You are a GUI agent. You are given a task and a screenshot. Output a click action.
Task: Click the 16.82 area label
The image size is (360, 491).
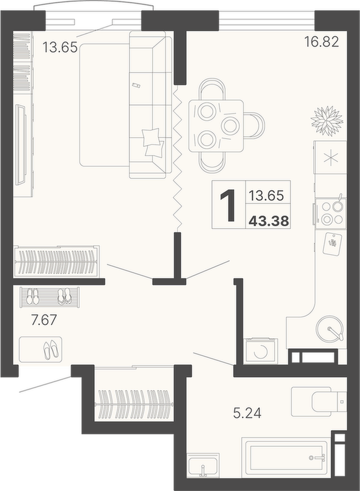[x=322, y=42]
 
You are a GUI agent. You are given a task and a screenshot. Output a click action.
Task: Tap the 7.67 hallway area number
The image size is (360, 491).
[x=44, y=320]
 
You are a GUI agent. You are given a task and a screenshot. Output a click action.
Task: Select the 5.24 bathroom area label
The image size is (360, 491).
[x=247, y=413]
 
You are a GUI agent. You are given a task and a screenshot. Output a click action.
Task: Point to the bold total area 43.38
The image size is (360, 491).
[x=268, y=221]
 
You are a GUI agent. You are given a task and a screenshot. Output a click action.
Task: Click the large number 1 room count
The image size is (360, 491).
[x=228, y=205]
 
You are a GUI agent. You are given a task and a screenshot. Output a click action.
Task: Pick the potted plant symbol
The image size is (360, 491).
[x=327, y=121]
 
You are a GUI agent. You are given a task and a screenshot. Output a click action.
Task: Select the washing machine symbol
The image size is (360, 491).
[x=261, y=351]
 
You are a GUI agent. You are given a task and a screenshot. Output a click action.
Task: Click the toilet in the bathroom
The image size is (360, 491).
[x=319, y=401]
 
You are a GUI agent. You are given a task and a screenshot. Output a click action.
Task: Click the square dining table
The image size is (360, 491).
[x=216, y=126]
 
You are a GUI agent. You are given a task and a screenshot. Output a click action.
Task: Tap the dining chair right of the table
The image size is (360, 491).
[x=254, y=125]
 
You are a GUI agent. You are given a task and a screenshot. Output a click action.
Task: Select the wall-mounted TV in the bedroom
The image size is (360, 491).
[x=21, y=145]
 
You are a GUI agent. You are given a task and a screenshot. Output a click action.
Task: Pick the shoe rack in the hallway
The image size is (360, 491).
[x=50, y=296]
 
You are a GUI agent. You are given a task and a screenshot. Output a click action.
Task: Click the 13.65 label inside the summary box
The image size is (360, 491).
[x=266, y=195]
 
